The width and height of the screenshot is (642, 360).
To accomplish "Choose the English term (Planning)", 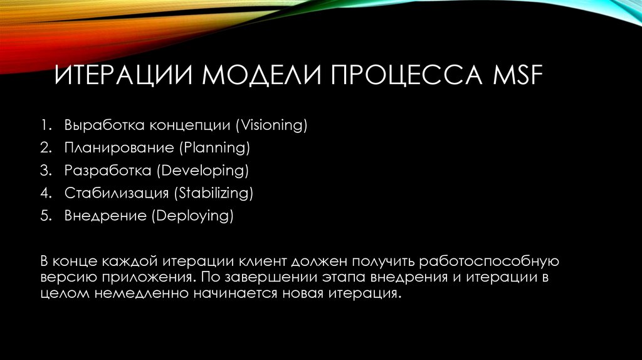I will (x=214, y=148).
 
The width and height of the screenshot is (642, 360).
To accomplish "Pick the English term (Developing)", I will (x=203, y=171).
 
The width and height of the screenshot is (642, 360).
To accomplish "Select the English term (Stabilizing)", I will (x=216, y=193).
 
